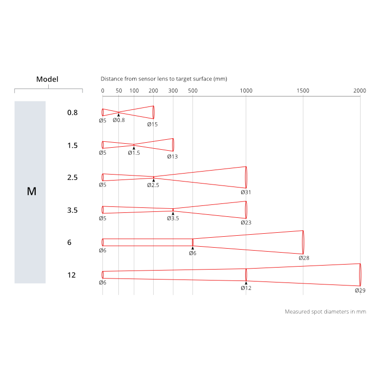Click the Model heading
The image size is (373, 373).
47,79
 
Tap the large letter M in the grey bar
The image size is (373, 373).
31,191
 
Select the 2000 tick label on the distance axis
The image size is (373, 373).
360,91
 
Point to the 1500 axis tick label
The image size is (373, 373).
302,91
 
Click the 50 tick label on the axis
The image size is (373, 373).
118,91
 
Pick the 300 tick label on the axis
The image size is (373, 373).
173,91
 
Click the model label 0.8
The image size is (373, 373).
73,112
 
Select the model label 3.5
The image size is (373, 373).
73,210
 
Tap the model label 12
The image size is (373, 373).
72,275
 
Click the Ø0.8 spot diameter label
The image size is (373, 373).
118,120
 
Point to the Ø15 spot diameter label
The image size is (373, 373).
152,124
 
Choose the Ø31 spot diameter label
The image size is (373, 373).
246,192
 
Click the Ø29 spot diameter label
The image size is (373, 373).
360,290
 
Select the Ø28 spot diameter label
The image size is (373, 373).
304,258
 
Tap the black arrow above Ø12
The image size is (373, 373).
246,282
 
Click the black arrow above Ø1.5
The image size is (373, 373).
134,148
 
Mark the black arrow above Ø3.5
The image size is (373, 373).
173,213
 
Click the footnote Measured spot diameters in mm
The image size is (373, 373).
325,312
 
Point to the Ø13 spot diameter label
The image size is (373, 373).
172,156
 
